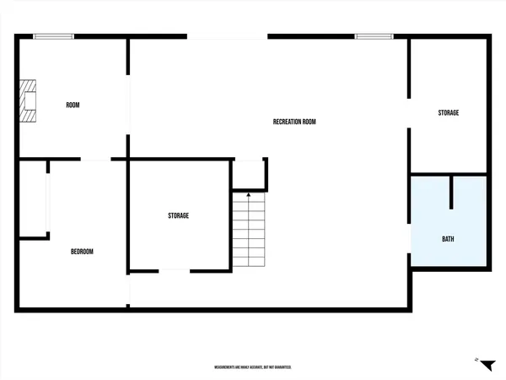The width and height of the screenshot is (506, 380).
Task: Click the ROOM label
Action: pos(73,105)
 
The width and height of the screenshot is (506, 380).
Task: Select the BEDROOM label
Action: pos(82,252)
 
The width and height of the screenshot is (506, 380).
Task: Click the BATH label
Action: pos(448,239)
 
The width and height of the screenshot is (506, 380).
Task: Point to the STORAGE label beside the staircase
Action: pos(178,216)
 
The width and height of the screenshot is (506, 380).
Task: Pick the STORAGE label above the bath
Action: pos(448,113)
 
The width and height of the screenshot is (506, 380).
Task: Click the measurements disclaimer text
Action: pos(253,367)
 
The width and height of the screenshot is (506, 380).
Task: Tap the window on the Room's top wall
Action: pos(53,35)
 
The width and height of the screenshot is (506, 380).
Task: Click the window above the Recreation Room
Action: pos(374,35)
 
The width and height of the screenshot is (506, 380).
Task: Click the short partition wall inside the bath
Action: pos(452,193)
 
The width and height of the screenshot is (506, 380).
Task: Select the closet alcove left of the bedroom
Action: pos(34,201)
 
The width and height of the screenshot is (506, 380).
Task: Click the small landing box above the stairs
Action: pos(249,175)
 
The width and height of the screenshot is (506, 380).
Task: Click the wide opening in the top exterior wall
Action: pos(227,36)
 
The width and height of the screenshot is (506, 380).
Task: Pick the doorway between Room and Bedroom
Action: pos(95,159)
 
